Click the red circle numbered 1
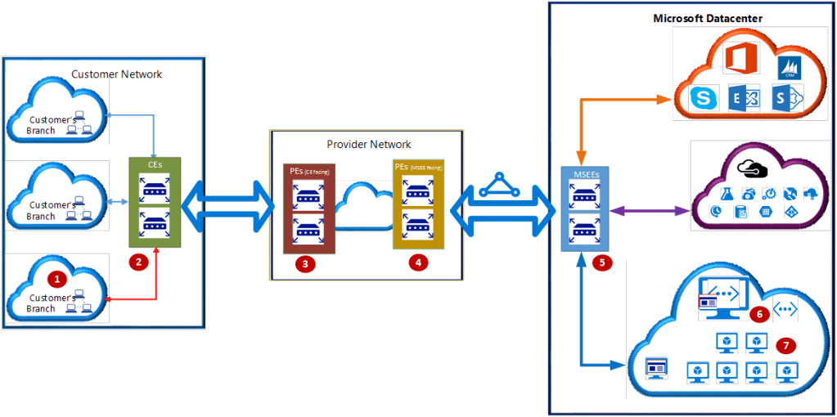(x=56, y=278)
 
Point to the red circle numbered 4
(x=418, y=263)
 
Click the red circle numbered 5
(x=605, y=263)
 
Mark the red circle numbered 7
(x=787, y=346)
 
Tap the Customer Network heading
(x=116, y=74)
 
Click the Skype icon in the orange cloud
(x=701, y=98)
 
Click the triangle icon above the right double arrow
(x=494, y=186)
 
